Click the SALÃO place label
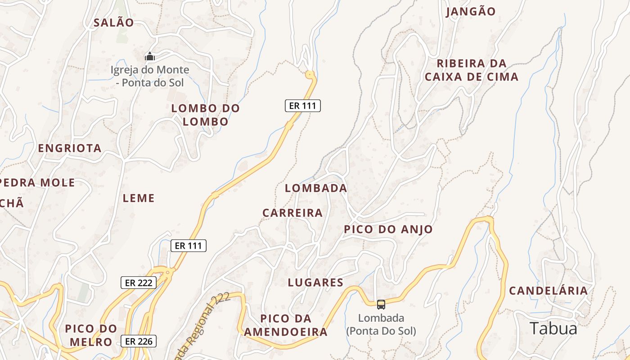click(114, 22)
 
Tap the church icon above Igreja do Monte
click(149, 57)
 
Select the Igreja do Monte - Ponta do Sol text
click(150, 76)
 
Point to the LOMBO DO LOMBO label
click(206, 115)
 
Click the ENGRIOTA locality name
click(70, 148)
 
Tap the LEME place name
click(139, 198)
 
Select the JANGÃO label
click(471, 12)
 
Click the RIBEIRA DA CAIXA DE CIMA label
click(472, 70)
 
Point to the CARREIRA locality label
click(292, 213)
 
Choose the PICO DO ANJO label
click(388, 229)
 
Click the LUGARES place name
click(315, 283)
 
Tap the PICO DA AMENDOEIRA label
click(286, 325)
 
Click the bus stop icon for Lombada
click(381, 305)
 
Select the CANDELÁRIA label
click(548, 291)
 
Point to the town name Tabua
click(553, 328)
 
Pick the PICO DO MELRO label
click(91, 335)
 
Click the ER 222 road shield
click(139, 283)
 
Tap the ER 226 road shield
click(139, 341)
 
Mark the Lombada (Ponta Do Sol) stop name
click(381, 324)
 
